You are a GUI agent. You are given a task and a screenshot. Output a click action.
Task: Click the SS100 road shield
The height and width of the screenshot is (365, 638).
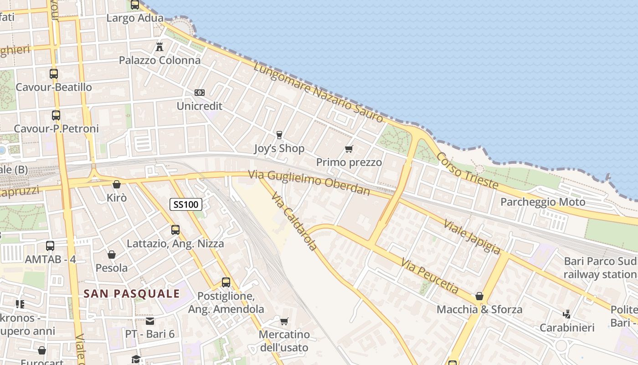pyautogui.click(x=186, y=204)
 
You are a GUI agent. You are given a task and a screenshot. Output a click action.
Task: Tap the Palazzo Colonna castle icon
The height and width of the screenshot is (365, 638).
pyautogui.click(x=159, y=47)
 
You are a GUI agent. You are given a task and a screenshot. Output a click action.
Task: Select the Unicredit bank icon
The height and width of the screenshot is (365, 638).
pyautogui.click(x=199, y=93)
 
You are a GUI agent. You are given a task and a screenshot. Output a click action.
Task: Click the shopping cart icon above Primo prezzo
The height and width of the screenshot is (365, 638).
pyautogui.click(x=349, y=149)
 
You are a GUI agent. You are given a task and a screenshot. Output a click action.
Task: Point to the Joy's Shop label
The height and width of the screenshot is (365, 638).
pyautogui.click(x=279, y=149)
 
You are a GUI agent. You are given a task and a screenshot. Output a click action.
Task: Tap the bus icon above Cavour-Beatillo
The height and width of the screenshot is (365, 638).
pyautogui.click(x=54, y=73)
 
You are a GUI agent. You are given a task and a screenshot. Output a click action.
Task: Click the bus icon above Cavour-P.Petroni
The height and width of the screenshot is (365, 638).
pyautogui.click(x=56, y=115)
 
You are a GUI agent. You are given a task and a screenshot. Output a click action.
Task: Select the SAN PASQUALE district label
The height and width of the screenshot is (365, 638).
pyautogui.click(x=132, y=293)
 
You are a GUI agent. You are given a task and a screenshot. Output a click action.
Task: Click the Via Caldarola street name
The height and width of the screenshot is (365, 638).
pyautogui.click(x=294, y=222)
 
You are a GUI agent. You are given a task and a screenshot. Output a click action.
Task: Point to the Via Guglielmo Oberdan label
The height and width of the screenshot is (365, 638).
pyautogui.click(x=309, y=182)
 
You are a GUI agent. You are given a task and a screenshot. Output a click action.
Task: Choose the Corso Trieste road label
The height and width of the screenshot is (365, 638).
pyautogui.click(x=467, y=170)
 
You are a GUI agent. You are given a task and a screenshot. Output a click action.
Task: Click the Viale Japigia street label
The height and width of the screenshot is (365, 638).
pyautogui.click(x=472, y=237)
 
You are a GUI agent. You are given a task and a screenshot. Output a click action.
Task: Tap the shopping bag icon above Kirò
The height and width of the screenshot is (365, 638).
pyautogui.click(x=117, y=185)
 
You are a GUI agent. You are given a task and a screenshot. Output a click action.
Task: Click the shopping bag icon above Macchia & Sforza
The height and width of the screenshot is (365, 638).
pyautogui.click(x=479, y=297)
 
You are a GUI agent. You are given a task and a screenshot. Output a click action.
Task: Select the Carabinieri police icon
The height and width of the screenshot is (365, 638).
pyautogui.click(x=567, y=314)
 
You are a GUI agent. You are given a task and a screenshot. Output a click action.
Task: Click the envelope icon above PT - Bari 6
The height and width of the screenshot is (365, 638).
pyautogui.click(x=150, y=321)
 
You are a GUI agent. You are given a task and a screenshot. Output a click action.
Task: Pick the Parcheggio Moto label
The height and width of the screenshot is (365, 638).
pyautogui.click(x=543, y=202)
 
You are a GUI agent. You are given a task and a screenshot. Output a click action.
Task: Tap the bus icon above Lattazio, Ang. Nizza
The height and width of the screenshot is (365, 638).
pyautogui.click(x=175, y=230)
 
